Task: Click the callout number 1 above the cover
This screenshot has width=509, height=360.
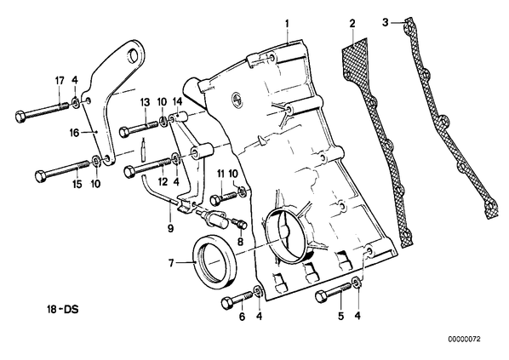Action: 287,24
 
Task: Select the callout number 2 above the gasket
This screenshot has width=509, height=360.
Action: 352,24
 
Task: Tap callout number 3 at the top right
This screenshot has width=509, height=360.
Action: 385,23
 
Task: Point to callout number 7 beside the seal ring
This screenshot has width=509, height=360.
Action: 171,262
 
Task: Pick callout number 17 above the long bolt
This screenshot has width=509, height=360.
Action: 60,81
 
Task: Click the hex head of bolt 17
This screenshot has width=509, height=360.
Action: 20,117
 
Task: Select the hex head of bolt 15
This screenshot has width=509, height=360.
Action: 40,176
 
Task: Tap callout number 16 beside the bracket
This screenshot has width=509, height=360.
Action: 74,133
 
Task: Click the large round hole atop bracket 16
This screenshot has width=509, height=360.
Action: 134,56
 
